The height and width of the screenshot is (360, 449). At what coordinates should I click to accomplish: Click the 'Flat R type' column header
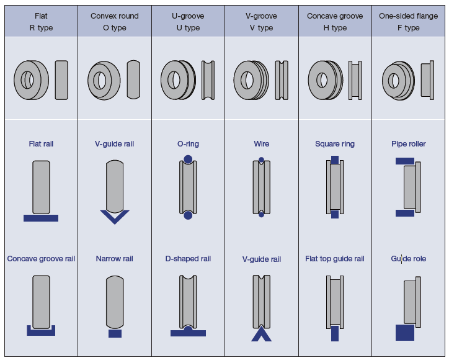[x=41, y=22]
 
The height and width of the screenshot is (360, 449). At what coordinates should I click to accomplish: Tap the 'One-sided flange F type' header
[x=408, y=22]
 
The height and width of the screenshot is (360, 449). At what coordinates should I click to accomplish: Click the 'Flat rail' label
[x=41, y=144]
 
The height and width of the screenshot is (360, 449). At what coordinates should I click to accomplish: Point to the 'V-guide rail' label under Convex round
[x=114, y=144]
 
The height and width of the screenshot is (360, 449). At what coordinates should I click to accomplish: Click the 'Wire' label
[x=261, y=144]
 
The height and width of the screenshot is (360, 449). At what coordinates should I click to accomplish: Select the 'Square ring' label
[x=335, y=144]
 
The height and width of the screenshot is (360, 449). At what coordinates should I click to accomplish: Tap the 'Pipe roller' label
[x=408, y=144]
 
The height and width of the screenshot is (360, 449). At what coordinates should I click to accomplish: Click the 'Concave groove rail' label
[x=41, y=259]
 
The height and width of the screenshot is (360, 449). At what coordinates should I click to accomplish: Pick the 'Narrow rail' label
[x=114, y=259]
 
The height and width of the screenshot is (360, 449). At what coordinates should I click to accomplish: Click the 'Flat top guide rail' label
[x=335, y=259]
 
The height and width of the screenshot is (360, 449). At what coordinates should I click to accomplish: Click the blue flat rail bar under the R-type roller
[x=41, y=218]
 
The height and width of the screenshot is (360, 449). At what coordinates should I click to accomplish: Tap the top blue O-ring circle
[x=188, y=160]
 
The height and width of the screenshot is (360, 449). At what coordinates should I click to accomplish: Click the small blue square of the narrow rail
[x=115, y=334]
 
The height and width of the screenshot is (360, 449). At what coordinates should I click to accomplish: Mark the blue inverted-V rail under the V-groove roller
[x=261, y=335]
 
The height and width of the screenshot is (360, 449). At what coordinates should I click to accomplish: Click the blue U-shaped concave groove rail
[x=41, y=331]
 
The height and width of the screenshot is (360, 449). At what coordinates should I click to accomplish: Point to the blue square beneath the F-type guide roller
[x=404, y=333]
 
